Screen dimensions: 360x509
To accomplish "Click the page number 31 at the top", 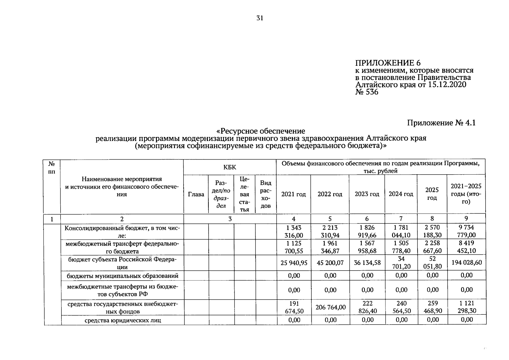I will (260, 18).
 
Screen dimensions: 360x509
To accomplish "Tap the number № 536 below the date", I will (367, 92).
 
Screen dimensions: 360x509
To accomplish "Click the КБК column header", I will (230, 167).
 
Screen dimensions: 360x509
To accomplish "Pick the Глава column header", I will (196, 194).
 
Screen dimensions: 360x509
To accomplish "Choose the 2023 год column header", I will (367, 194).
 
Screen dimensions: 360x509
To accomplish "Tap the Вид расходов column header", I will (265, 194).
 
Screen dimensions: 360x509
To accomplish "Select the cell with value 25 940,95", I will (294, 263).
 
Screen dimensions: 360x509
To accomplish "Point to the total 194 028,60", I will (466, 262).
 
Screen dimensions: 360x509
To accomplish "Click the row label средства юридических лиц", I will (122, 320).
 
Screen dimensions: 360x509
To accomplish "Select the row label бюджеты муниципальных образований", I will (122, 276).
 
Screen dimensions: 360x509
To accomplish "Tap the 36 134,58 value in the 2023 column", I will (367, 263).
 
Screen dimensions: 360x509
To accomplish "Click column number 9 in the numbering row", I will (466, 218).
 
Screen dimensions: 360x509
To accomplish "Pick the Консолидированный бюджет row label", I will (122, 232).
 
